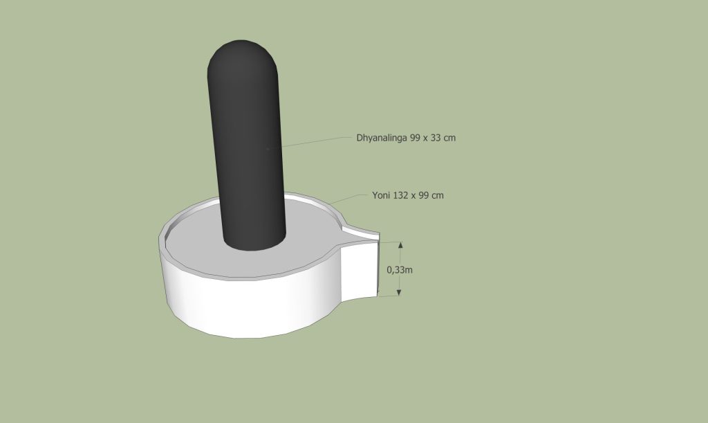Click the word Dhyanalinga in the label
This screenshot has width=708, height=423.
pyautogui.click(x=382, y=138)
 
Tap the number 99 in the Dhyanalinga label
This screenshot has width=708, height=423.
pyautogui.click(x=415, y=137)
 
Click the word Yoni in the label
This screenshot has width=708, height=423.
pyautogui.click(x=381, y=195)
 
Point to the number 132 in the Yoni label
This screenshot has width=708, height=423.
pyautogui.click(x=400, y=195)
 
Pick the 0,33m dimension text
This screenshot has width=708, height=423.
pyautogui.click(x=400, y=270)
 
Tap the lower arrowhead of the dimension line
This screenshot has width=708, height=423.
pyautogui.click(x=399, y=292)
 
